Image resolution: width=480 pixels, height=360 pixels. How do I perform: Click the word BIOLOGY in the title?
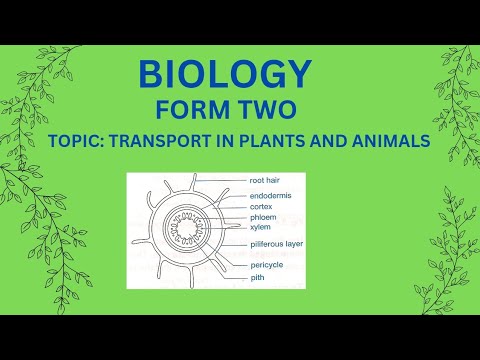tap(225, 74)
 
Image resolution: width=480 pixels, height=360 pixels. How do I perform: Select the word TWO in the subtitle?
tap(263, 109)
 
